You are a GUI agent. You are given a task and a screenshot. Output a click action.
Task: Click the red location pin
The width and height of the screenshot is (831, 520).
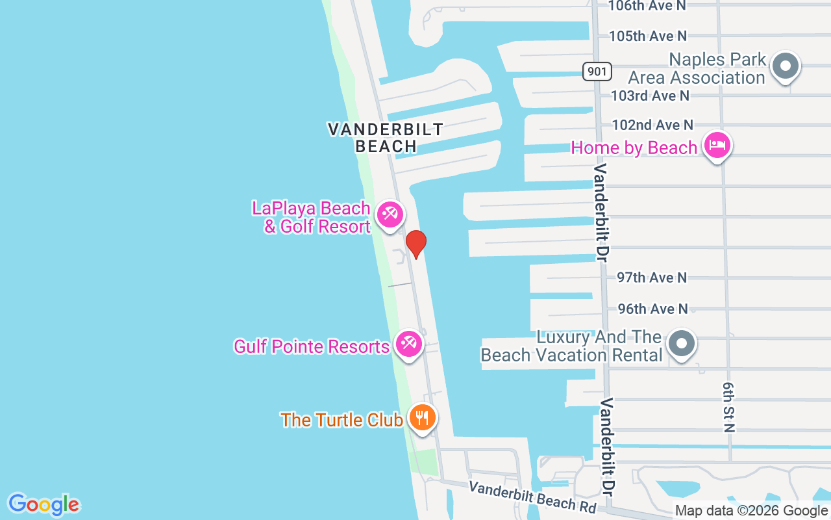pos(416,244)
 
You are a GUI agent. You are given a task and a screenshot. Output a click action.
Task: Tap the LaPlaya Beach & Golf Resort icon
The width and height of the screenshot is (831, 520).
pos(390,214)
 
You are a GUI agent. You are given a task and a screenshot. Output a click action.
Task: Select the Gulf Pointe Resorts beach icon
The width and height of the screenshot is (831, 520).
pos(408,343)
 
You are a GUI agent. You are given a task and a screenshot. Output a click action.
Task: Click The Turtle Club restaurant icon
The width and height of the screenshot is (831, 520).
pos(423,417)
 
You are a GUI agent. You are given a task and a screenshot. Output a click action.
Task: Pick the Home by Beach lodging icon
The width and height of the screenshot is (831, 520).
pos(717,145)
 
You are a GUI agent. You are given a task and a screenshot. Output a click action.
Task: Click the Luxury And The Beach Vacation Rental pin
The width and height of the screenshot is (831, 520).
pos(682,343)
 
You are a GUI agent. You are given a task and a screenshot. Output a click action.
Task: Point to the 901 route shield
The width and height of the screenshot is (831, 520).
pos(597,71)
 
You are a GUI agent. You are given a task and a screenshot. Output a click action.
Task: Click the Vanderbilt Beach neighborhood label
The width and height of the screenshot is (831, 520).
pos(386,138)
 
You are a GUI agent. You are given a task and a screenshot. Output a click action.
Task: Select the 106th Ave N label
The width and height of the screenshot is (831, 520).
pos(647,6)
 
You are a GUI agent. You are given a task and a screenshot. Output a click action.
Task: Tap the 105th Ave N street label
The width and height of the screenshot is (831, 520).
pos(647,36)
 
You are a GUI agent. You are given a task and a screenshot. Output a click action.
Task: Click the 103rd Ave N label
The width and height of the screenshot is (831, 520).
pos(650,96)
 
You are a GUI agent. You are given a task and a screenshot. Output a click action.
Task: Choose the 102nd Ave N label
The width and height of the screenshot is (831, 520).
pos(652,125)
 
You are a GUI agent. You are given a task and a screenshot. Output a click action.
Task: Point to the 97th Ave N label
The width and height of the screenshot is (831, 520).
pos(651,278)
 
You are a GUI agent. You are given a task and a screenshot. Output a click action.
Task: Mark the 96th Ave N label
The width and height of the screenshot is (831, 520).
pos(652,309)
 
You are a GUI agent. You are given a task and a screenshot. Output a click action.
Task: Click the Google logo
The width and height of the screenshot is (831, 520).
pos(43,504)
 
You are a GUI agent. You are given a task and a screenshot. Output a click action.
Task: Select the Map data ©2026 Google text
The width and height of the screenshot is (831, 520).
pos(751,511)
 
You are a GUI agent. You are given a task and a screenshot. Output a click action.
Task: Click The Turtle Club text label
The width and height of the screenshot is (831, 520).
pos(341,420)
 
